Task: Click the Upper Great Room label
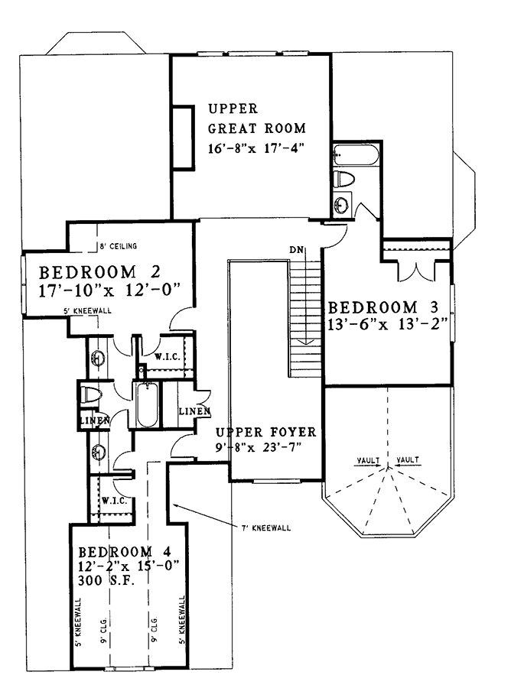(257, 118)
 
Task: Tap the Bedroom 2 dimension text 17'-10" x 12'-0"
(110, 290)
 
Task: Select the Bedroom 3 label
(383, 307)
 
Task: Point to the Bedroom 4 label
(124, 551)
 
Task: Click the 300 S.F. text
(106, 580)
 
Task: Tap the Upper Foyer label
(265, 432)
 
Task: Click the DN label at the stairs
(296, 251)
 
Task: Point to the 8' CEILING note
(118, 246)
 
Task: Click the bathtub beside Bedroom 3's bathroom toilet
(355, 154)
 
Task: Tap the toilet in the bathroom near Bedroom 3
(344, 179)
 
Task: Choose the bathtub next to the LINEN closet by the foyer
(146, 405)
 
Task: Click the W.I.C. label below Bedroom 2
(167, 357)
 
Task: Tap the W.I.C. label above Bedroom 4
(114, 501)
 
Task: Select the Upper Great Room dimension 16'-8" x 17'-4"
(256, 148)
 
